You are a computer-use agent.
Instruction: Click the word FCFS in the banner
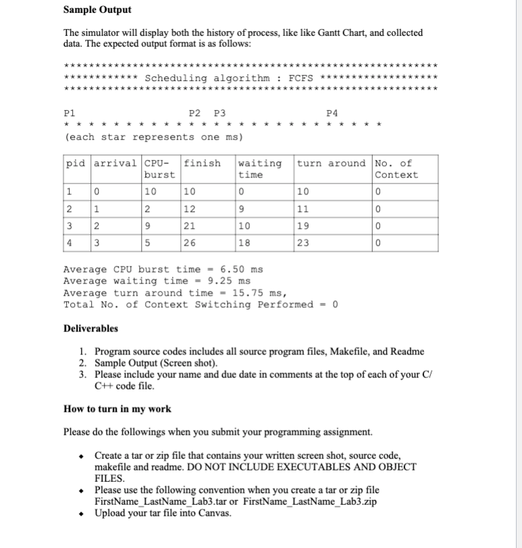tap(301, 78)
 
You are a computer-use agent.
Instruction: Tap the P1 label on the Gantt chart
tap(69, 113)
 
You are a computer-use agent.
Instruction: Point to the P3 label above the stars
tap(219, 113)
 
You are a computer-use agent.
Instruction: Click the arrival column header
tap(115, 163)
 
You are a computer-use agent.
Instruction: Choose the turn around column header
tap(331, 163)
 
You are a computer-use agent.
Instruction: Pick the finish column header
tap(202, 163)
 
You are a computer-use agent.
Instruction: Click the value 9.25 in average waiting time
tap(220, 281)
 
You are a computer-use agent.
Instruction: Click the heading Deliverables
tap(90, 328)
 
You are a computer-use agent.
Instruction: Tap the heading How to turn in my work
tap(117, 408)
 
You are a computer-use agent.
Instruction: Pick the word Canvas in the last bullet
tap(213, 514)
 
